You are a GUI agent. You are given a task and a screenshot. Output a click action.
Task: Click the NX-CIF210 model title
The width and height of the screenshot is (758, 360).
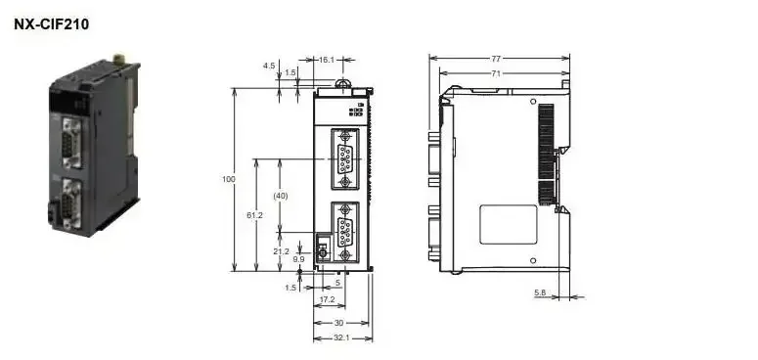(x=52, y=24)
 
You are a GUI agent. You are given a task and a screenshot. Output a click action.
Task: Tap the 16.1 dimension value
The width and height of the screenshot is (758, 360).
(x=327, y=60)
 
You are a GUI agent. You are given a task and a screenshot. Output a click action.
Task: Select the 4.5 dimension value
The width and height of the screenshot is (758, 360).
(x=269, y=66)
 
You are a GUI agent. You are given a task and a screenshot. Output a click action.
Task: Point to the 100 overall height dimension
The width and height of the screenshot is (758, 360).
(x=229, y=179)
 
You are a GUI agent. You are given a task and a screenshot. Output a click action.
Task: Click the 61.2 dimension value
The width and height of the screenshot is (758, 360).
(x=254, y=215)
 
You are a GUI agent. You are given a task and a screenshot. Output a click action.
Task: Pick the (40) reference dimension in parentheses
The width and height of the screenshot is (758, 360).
(x=281, y=196)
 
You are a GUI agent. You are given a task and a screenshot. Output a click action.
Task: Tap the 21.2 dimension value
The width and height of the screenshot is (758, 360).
(x=281, y=251)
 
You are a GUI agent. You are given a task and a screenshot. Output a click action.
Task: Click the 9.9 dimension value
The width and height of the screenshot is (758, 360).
(x=298, y=259)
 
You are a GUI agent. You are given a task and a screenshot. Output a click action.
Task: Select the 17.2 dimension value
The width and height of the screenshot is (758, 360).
(x=328, y=299)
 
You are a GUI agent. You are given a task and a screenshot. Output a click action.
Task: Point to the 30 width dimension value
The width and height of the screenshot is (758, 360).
(x=338, y=323)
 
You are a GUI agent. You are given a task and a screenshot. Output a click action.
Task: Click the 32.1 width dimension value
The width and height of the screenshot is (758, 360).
(x=341, y=337)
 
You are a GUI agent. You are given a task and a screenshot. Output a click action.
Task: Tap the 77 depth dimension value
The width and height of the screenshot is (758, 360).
(x=496, y=59)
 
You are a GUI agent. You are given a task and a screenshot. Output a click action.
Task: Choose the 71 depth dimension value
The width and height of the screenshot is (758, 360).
(x=496, y=73)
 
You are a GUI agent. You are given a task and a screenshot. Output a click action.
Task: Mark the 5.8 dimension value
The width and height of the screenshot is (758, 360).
(x=540, y=292)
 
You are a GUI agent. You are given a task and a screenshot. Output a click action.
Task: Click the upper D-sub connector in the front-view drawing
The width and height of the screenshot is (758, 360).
(x=344, y=159)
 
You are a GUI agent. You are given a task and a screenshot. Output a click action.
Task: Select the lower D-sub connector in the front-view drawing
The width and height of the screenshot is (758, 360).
(x=344, y=233)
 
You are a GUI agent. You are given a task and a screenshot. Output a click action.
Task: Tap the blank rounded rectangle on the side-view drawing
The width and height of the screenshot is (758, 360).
(x=508, y=225)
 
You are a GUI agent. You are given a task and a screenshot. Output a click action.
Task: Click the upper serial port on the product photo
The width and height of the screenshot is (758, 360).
(x=71, y=143)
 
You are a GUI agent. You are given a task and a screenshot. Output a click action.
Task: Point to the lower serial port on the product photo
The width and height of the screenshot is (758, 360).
(x=71, y=202)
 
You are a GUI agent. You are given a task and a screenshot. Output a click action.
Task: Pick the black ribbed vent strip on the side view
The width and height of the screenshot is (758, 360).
(x=546, y=154)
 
